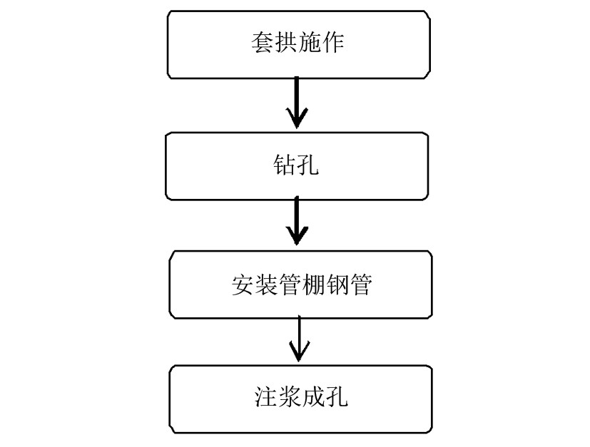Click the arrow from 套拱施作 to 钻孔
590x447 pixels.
point(296,104)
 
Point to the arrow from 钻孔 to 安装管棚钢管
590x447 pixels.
point(296,222)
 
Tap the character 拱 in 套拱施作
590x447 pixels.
point(287,44)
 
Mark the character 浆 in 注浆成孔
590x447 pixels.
point(288,396)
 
